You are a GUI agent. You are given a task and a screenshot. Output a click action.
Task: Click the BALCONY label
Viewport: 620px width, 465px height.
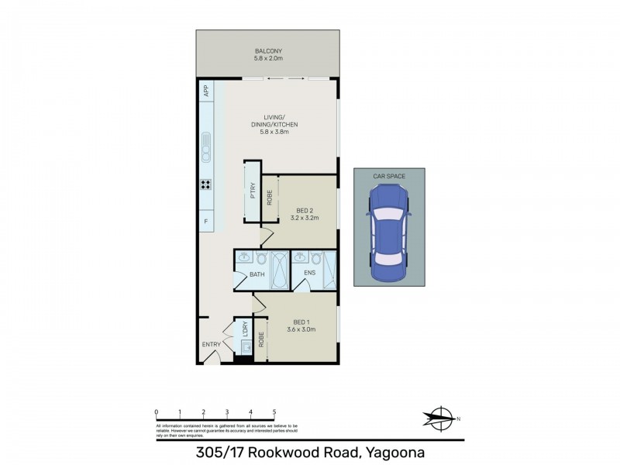coord(267,52)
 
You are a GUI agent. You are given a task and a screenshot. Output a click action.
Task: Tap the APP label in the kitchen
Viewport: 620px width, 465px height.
coord(206,91)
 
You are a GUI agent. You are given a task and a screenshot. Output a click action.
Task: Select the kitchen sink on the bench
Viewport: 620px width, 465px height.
coord(206,146)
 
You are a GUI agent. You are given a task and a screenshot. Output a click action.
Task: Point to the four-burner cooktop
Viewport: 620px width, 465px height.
coord(206,184)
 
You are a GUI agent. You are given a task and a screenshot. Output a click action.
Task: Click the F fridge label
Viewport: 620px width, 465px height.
coord(206,222)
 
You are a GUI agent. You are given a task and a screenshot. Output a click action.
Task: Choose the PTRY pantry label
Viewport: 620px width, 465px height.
coord(253,191)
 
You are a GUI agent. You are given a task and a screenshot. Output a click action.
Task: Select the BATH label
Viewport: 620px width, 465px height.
coord(257,275)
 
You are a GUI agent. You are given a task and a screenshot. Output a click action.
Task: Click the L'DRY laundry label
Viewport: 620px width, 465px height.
coord(245,329)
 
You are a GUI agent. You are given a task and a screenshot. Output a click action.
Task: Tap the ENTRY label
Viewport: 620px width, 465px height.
coord(212,344)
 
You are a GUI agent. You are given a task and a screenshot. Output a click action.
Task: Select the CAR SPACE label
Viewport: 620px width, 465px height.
coord(389,177)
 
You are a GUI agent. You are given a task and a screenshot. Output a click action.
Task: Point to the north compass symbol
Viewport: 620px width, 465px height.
coord(441,419)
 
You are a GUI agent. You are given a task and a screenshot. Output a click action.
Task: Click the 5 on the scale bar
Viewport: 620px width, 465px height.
coord(274,412)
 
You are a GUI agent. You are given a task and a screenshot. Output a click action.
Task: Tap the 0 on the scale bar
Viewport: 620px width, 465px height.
coord(157,412)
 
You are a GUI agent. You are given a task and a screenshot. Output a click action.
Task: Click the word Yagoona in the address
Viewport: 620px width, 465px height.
coord(387,452)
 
